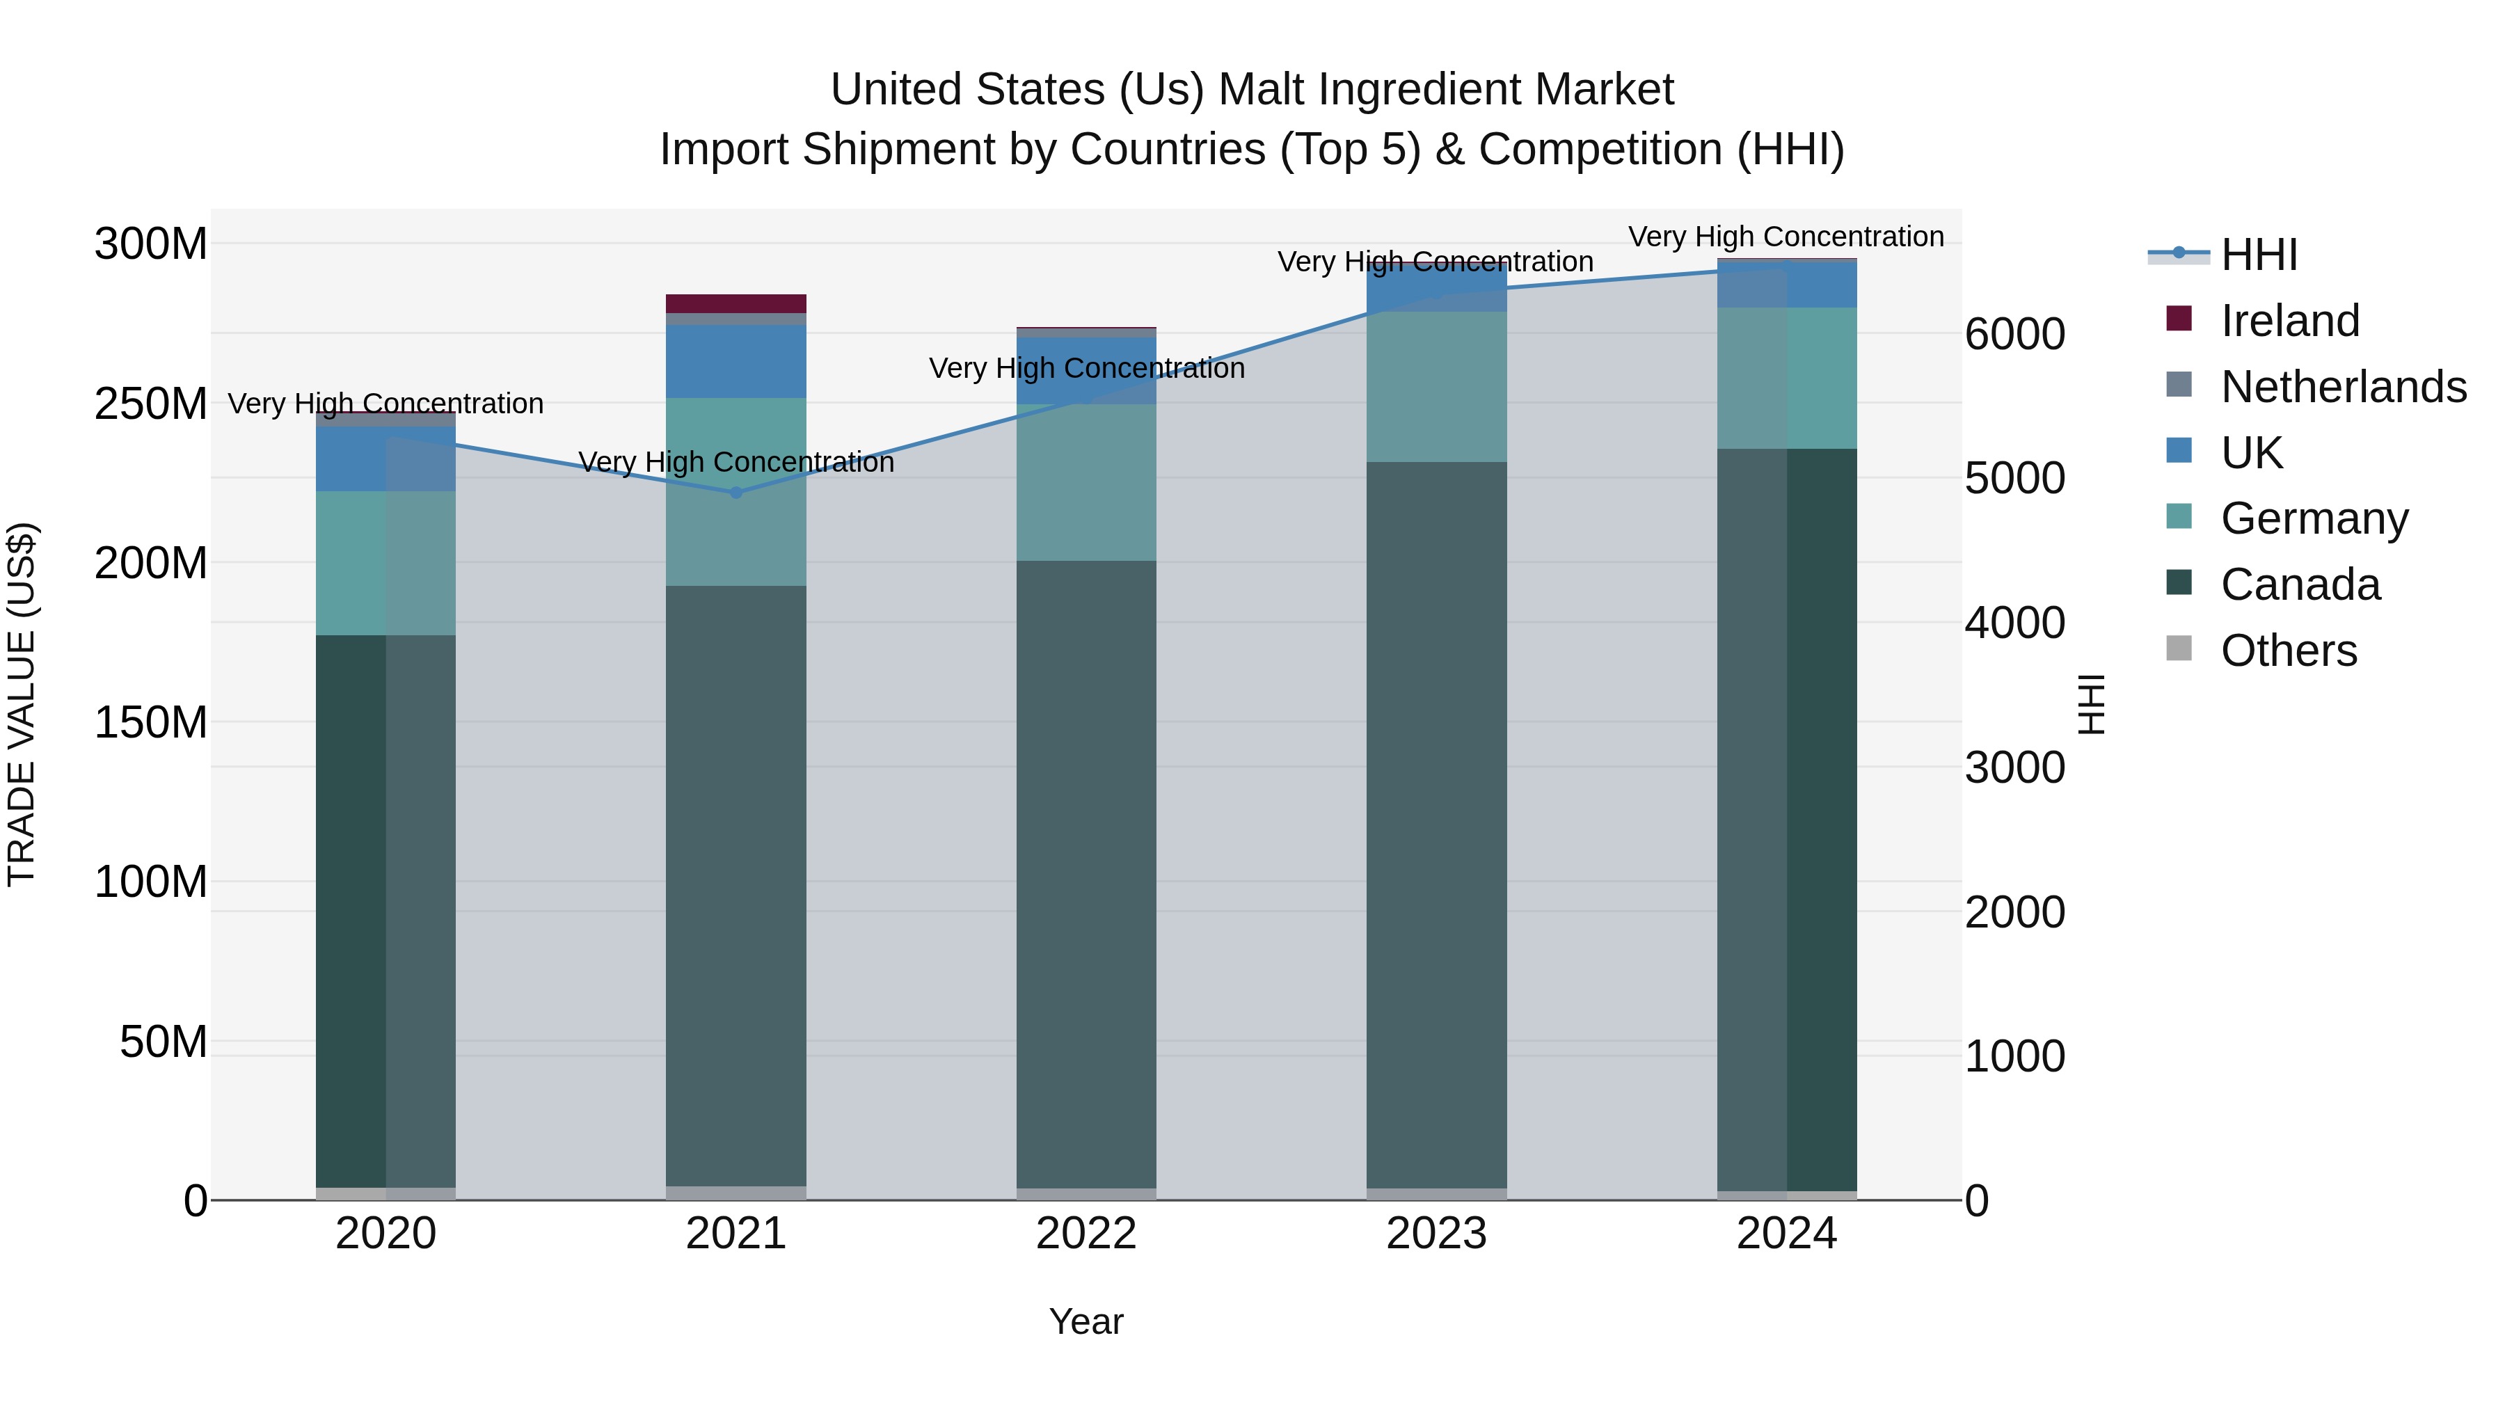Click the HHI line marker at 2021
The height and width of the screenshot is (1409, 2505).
[x=736, y=493]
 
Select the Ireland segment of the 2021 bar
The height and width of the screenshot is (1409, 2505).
[x=736, y=303]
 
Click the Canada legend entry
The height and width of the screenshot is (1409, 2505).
[x=2300, y=584]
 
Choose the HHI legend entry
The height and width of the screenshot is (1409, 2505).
[x=2259, y=255]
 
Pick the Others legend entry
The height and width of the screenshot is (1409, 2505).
[x=2288, y=651]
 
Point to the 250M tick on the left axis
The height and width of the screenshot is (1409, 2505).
[x=151, y=404]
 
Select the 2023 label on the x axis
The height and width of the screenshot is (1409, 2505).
[x=1436, y=1234]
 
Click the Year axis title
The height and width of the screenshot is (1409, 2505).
[x=1086, y=1321]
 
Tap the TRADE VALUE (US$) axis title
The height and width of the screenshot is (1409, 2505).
[x=22, y=704]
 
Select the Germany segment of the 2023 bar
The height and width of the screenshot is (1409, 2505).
[x=1436, y=387]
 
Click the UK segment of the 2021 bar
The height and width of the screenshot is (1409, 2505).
[x=736, y=362]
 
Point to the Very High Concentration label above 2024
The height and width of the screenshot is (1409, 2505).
[x=1786, y=237]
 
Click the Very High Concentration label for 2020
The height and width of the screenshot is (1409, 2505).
[x=386, y=404]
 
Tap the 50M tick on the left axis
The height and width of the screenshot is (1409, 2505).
[x=164, y=1042]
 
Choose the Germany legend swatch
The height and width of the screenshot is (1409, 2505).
[x=2179, y=517]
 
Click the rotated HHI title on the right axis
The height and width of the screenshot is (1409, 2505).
[x=2092, y=704]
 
